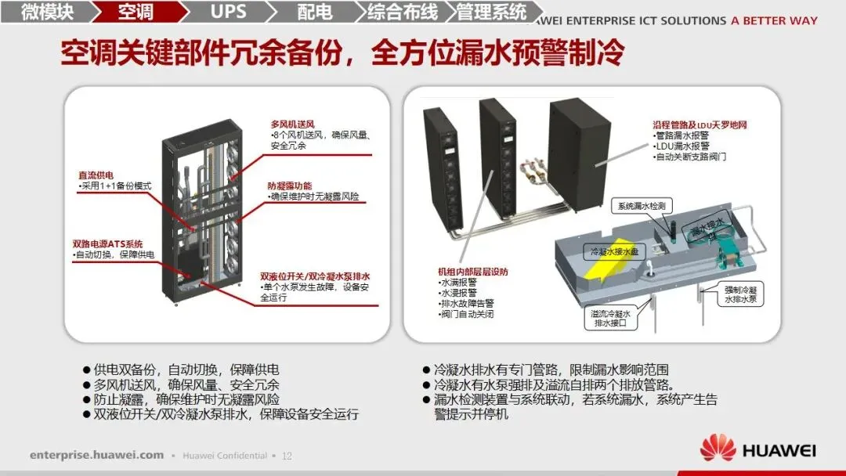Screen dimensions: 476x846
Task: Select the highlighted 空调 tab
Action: [x=136, y=12]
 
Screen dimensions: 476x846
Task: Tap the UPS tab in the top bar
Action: [x=228, y=12]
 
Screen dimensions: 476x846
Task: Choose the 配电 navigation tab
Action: [x=315, y=12]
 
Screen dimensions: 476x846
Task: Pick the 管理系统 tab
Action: [x=492, y=12]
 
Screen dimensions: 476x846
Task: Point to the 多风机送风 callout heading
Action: [x=292, y=124]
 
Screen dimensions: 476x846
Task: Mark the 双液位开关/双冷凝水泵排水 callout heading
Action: [x=315, y=276]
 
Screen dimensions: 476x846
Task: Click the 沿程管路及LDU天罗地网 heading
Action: [x=700, y=124]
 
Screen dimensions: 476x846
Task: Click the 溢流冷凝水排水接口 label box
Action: [x=616, y=317]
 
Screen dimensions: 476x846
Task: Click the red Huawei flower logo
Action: [x=718, y=449]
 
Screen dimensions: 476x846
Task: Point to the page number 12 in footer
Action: [x=287, y=456]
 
